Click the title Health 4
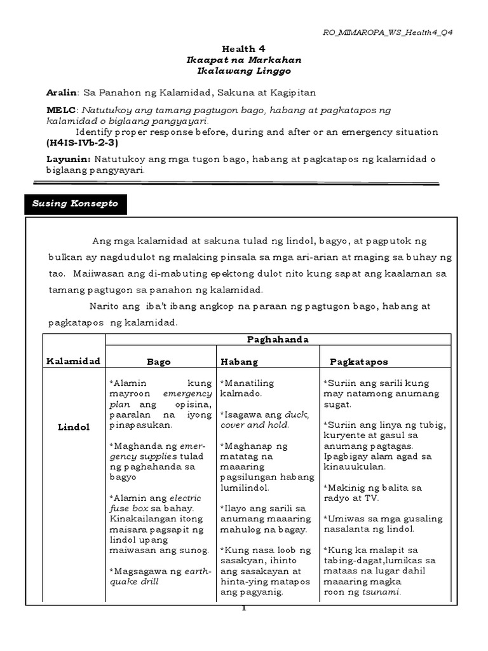[x=243, y=48]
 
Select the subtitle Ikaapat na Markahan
[x=243, y=60]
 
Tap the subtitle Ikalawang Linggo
[x=243, y=71]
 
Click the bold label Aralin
[x=60, y=92]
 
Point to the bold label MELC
[x=59, y=110]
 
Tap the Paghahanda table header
[x=278, y=339]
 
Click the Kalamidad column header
[x=73, y=361]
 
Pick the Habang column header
[x=239, y=361]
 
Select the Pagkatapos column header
[x=359, y=361]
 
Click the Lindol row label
[x=73, y=426]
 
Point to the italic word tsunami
[x=380, y=592]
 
